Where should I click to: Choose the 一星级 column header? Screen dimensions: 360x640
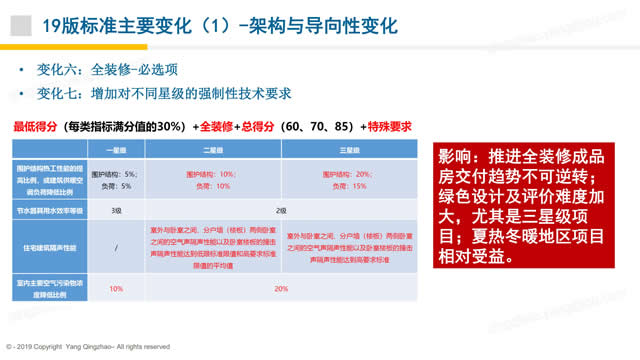tap(116, 150)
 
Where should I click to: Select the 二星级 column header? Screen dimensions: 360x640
tap(212, 150)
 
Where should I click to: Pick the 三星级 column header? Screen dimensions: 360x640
tap(350, 150)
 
